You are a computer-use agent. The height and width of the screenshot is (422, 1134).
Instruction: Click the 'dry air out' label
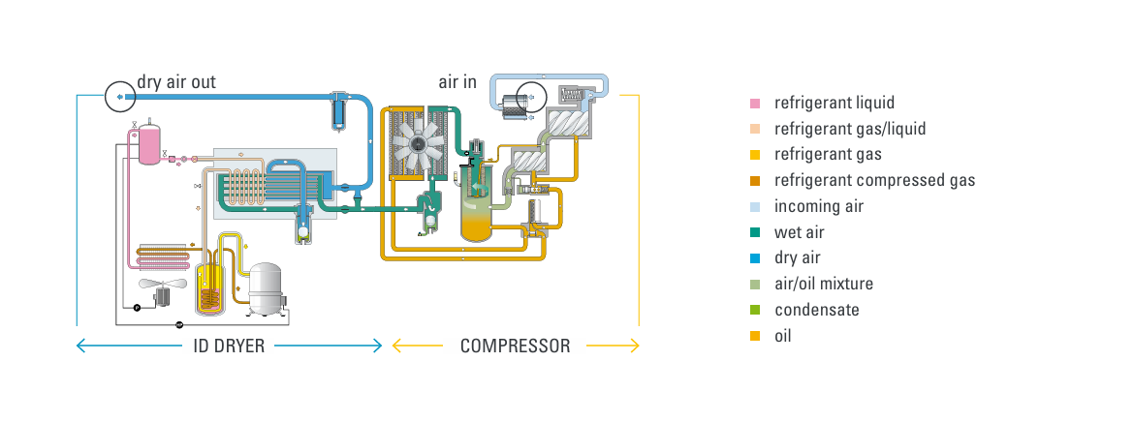[175, 82]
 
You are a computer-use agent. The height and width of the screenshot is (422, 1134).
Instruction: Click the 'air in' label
[457, 82]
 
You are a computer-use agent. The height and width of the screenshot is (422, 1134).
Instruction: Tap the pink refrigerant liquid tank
[148, 144]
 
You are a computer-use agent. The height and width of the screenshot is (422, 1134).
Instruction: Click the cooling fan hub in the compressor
[418, 144]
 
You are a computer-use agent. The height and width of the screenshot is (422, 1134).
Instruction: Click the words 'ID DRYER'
[230, 346]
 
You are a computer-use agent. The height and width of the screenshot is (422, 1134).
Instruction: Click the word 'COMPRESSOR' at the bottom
[515, 346]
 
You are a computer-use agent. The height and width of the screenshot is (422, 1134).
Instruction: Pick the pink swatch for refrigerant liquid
[756, 103]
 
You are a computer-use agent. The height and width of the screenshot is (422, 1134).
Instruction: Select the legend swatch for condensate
[756, 311]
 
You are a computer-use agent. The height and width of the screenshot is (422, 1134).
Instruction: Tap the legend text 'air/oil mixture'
[824, 285]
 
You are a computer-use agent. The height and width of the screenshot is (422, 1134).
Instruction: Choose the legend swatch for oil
[756, 337]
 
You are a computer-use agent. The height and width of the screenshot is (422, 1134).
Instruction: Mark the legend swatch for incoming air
[756, 206]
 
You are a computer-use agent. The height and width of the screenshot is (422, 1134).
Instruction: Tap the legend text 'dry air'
[797, 258]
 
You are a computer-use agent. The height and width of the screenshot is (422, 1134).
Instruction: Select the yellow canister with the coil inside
[210, 287]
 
